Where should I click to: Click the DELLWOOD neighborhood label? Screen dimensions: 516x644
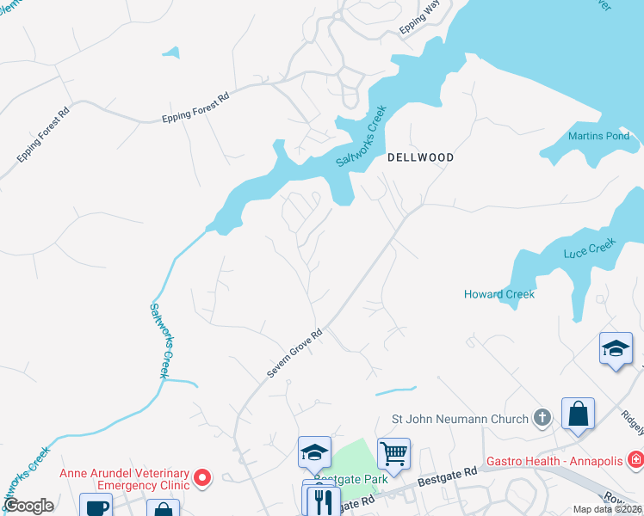(x=420, y=157)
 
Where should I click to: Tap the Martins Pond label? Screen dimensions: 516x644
(x=598, y=136)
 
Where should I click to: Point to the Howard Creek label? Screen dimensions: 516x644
(x=499, y=294)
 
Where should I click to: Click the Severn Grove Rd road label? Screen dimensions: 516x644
(x=294, y=353)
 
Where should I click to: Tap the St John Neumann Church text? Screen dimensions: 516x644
(x=460, y=420)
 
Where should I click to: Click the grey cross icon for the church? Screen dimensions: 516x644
(x=542, y=419)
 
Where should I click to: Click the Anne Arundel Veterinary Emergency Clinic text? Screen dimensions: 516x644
(x=124, y=480)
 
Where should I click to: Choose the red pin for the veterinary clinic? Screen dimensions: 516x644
(x=202, y=476)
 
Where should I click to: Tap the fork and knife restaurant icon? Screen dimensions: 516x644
(x=324, y=501)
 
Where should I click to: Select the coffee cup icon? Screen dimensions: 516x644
(x=96, y=507)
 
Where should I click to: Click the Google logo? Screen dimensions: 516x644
(x=28, y=506)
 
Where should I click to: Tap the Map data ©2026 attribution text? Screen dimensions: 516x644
(x=607, y=509)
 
